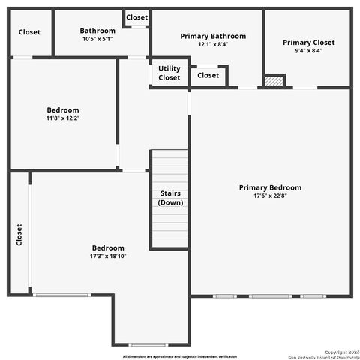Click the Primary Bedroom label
point(270,187)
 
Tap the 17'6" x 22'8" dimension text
point(270,196)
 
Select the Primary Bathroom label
point(213,36)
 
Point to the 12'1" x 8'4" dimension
point(213,45)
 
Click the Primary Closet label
point(308,43)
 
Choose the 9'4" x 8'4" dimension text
point(308,52)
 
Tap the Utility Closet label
point(169,73)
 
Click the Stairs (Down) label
point(170,198)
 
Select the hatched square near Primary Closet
point(275,80)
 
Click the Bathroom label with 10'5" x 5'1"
point(97,31)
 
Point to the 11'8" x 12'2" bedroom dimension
point(63,118)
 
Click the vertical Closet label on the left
point(19,234)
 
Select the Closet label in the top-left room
point(29,32)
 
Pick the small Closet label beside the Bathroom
point(136,17)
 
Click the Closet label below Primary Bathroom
point(208,75)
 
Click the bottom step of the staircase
point(169,244)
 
